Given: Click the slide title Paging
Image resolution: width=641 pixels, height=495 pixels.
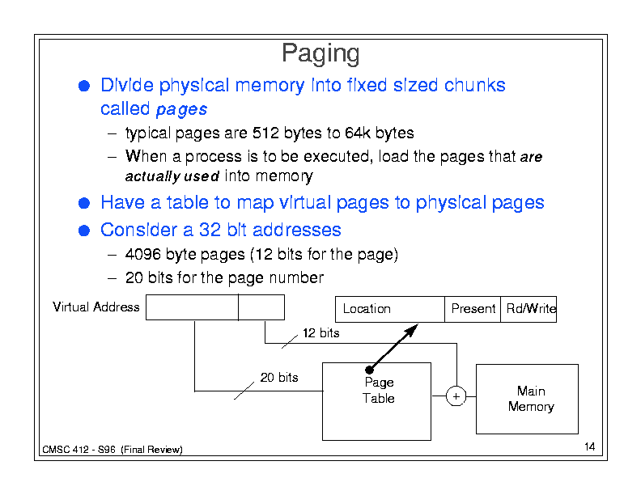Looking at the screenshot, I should (x=320, y=54).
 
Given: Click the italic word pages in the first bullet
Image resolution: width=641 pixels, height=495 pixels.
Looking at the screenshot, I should (x=181, y=109).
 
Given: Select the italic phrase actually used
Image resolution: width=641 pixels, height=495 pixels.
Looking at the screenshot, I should (x=172, y=176).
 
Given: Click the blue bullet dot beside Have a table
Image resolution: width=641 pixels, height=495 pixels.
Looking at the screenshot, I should (x=83, y=203).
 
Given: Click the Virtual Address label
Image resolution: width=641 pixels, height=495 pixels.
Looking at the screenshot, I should (x=96, y=307).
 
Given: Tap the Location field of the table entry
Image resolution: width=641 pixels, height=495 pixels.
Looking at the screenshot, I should (x=389, y=309).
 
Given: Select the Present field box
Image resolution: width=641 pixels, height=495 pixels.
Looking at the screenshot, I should (x=473, y=309).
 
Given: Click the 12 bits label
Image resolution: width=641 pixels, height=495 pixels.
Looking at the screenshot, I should (x=320, y=333).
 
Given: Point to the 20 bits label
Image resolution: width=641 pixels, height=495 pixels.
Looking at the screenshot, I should (x=278, y=378).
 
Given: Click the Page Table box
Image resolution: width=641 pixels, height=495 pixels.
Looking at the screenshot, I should (x=376, y=402).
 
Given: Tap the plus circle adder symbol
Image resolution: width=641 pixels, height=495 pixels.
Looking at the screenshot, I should (x=456, y=396).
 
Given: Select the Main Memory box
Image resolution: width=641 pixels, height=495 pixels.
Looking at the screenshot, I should (x=527, y=399).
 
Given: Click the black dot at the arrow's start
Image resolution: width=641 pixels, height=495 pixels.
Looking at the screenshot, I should (x=368, y=370).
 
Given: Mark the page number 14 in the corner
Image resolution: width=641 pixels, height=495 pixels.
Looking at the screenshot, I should (x=588, y=447).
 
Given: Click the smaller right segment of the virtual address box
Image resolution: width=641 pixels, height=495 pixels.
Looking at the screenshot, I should (x=261, y=307).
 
